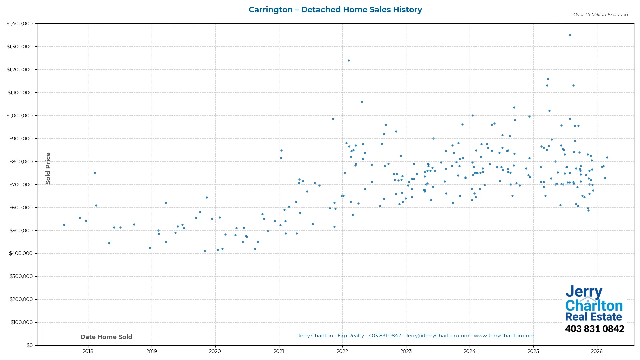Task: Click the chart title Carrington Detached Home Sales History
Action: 335,10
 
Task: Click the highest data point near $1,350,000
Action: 570,35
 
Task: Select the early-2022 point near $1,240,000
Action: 349,60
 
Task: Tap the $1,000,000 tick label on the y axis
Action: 19,116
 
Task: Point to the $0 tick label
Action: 30,345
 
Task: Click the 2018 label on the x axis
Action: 88,351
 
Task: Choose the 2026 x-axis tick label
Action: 597,351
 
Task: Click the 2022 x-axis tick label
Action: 342,351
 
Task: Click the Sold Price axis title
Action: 48,168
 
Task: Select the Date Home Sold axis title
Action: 106,337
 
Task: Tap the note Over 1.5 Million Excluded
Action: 600,14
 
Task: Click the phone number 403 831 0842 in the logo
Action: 594,329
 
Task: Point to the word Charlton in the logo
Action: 594,306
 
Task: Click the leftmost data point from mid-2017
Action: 64,225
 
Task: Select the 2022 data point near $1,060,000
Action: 362,102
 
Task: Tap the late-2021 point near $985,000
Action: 333,119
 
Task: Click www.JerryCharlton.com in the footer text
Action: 504,336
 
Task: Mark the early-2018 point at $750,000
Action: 95,173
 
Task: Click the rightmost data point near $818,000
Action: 607,157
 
